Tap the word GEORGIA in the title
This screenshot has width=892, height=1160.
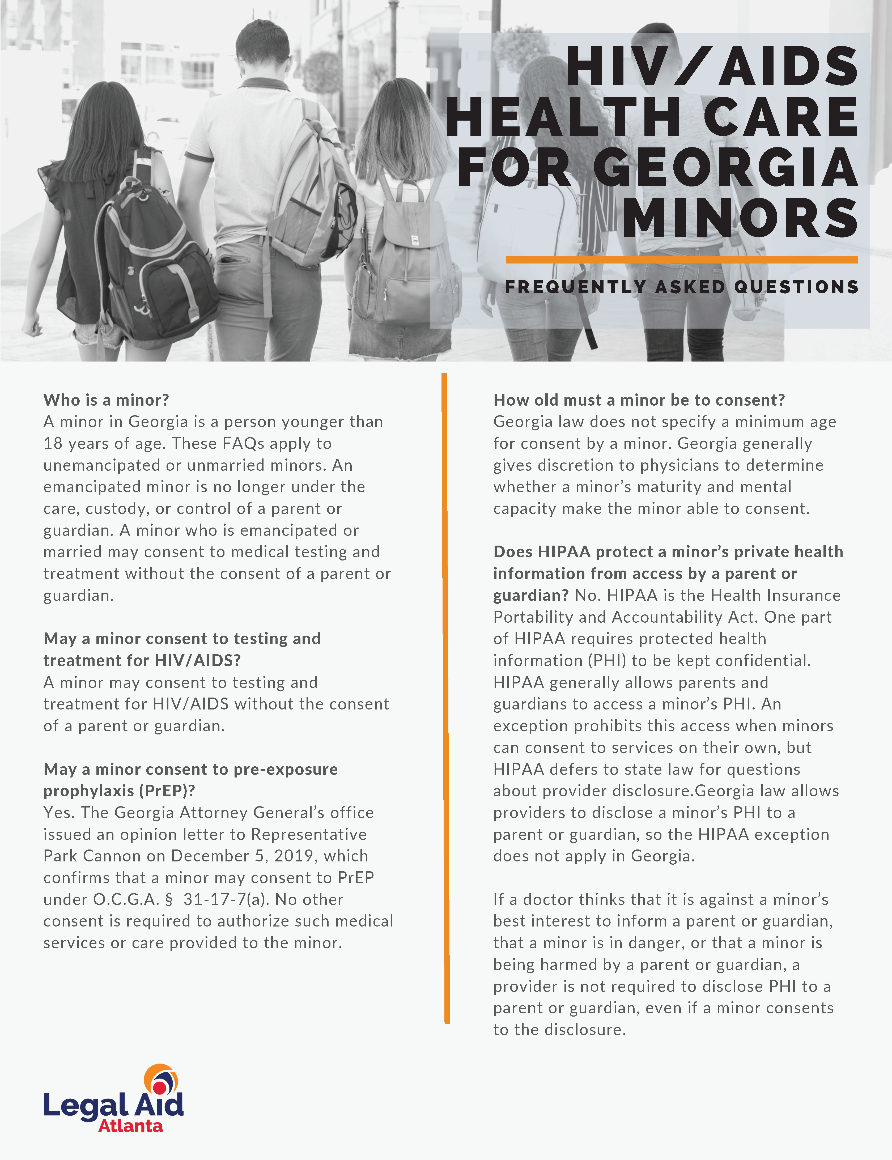coord(725,167)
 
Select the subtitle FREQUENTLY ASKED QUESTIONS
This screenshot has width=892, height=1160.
coord(681,287)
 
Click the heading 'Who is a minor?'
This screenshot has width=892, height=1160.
coord(106,400)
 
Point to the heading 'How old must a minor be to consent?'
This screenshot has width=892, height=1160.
coord(639,400)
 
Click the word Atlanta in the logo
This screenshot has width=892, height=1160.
coord(131,1125)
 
